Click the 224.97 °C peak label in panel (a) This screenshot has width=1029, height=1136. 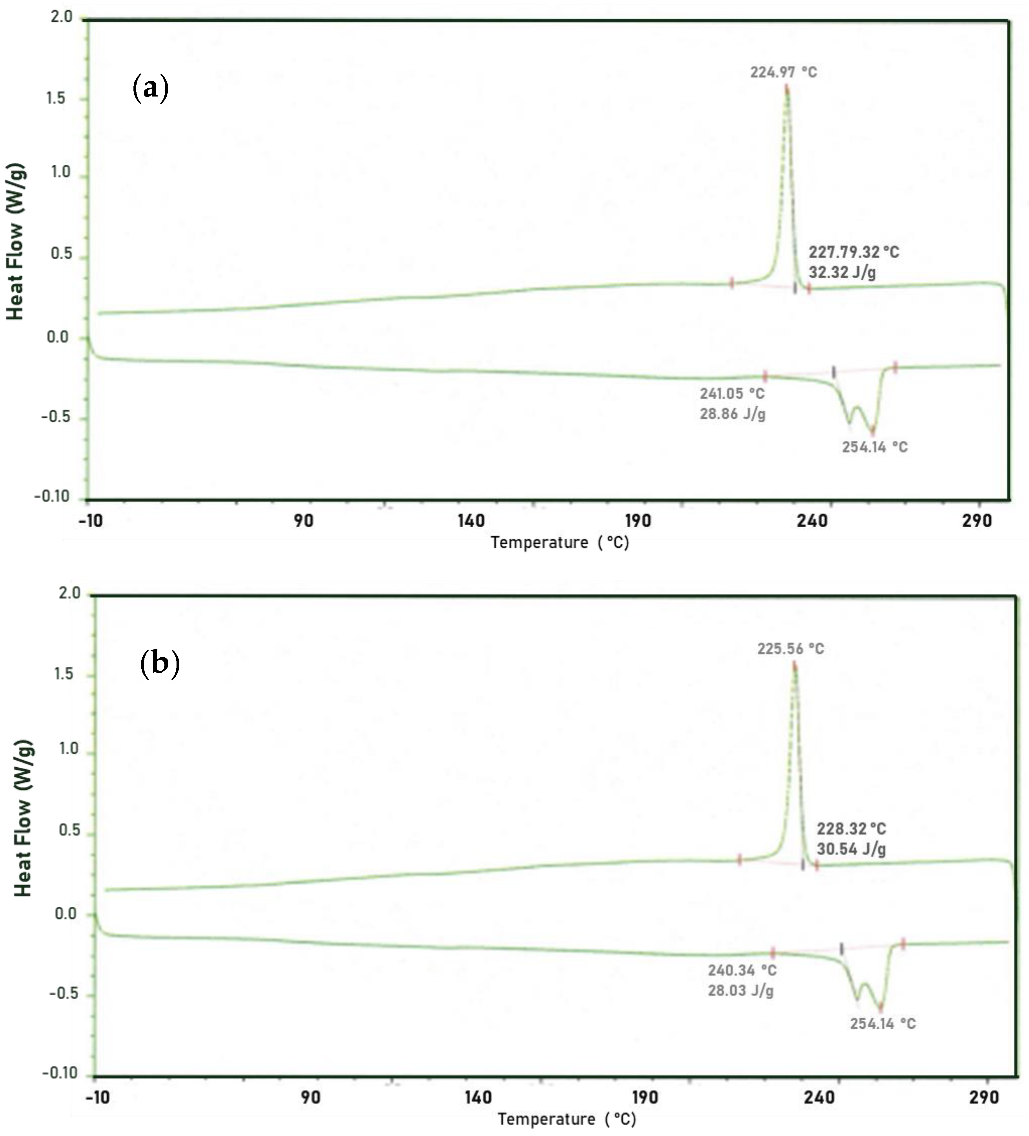(x=783, y=72)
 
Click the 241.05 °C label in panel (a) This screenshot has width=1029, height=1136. (x=732, y=393)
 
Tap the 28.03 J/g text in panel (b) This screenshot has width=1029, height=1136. (x=740, y=991)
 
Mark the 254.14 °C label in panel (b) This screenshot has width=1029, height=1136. (x=882, y=1024)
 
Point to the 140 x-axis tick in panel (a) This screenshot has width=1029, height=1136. (x=471, y=521)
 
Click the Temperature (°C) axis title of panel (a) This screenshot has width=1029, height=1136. (x=559, y=543)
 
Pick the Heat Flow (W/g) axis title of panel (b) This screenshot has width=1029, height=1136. (x=23, y=818)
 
